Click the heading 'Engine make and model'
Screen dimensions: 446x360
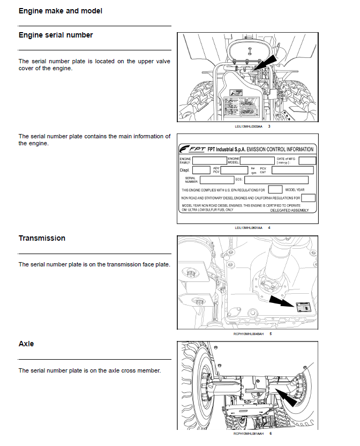[61, 11]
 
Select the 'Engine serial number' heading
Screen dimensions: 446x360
[56, 35]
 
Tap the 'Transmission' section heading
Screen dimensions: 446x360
[42, 238]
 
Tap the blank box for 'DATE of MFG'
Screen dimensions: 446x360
[307, 160]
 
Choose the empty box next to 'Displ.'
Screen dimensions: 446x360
[201, 170]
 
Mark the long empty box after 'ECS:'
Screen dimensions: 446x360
[276, 180]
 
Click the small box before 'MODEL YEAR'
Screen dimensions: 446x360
[275, 189]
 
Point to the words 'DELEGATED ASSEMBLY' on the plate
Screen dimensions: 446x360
[289, 210]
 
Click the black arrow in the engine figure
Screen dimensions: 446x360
[266, 61]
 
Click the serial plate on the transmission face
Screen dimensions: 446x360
[303, 307]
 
